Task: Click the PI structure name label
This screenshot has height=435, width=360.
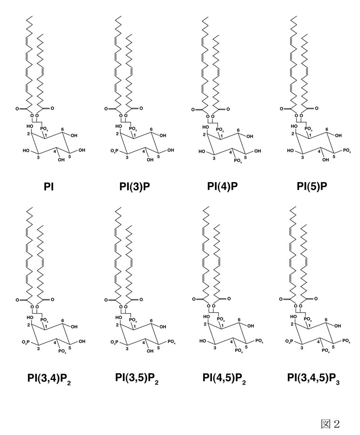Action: click(x=49, y=187)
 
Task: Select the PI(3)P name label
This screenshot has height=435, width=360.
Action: click(x=135, y=187)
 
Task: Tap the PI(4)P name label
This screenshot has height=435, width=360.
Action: click(x=222, y=187)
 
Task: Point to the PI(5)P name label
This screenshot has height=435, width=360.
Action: click(x=312, y=187)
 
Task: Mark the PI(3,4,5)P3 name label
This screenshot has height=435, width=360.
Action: click(x=314, y=378)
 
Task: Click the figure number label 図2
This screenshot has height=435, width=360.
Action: click(x=330, y=423)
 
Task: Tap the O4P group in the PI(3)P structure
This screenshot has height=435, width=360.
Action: click(x=114, y=151)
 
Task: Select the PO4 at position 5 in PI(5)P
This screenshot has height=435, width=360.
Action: click(x=346, y=151)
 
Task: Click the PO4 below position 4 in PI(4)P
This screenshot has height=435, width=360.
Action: click(x=238, y=160)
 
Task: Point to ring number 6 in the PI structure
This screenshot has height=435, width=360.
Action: click(x=63, y=129)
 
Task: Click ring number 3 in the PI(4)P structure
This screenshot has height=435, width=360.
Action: click(x=214, y=159)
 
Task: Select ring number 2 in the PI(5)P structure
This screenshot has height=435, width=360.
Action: click(x=292, y=134)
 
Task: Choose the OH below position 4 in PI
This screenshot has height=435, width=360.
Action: click(x=61, y=160)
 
